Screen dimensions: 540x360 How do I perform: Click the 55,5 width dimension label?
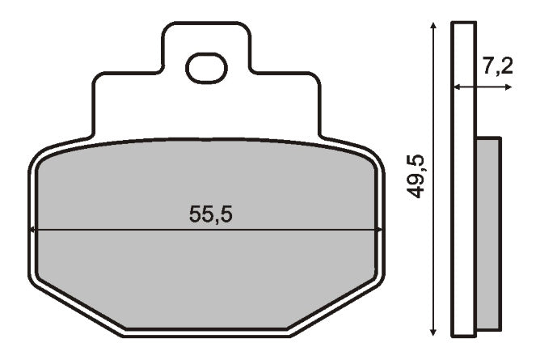(x=211, y=214)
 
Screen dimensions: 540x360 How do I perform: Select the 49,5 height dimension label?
(x=416, y=176)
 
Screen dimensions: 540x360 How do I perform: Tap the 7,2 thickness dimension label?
(x=498, y=66)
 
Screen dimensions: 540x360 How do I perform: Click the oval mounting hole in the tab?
(x=207, y=68)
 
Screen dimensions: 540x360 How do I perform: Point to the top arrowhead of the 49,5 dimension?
(x=433, y=25)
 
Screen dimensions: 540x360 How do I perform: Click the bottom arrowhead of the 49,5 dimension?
(x=433, y=332)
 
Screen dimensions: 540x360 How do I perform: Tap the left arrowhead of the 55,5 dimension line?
(x=32, y=230)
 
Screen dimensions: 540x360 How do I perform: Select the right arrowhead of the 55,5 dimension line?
(x=379, y=230)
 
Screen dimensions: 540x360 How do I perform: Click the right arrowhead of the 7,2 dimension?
(x=508, y=87)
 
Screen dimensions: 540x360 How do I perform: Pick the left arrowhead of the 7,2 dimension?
(x=457, y=87)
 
